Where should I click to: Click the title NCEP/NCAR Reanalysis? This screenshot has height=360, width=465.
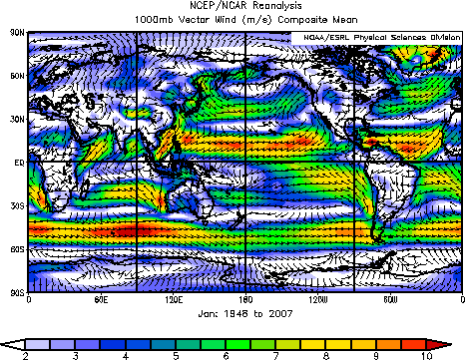(232, 8)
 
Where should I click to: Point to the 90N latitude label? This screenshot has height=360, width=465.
(17, 32)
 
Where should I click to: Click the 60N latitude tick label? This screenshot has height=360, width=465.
(17, 75)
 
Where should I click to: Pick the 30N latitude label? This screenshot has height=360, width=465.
(17, 118)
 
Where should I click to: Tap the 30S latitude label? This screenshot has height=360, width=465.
(17, 204)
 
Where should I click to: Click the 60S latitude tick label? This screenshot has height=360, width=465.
(17, 247)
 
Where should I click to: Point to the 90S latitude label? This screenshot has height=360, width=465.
(17, 291)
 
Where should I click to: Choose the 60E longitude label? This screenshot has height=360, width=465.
(100, 300)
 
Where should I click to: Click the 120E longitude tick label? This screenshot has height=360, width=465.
(173, 300)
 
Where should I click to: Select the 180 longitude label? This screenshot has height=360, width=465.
(245, 300)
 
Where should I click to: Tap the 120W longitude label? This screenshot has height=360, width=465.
(318, 300)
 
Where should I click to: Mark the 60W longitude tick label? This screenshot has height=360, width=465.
(390, 300)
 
